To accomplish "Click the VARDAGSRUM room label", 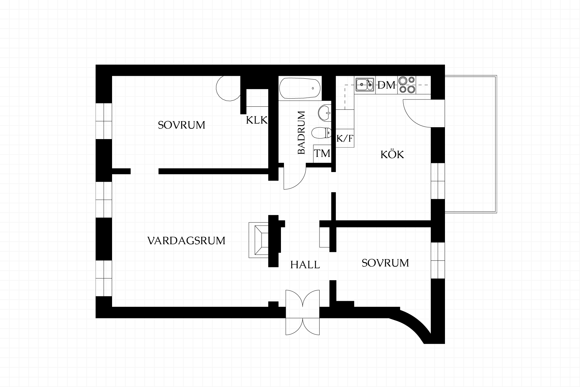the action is pos(186,241).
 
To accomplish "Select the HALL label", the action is pos(305,265).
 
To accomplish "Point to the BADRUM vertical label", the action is pos(301,133).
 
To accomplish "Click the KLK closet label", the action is pos(257,120).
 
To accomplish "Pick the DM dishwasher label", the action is pos(387,86).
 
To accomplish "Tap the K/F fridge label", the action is pos(345,139).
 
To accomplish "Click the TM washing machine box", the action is pos(322,154).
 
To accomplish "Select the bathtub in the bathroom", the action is pos(300,89).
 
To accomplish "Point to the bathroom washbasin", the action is pos(325,113).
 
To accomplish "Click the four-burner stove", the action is pos(407,85).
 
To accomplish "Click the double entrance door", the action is pos(303,312).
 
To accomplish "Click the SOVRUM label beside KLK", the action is pos(182,125).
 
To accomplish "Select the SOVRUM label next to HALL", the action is pos(385,263).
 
